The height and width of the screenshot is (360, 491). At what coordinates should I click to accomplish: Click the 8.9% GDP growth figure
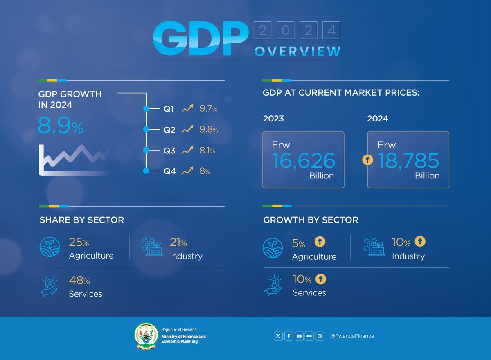click(x=61, y=126)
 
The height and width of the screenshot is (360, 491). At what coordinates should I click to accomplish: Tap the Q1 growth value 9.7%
click(x=209, y=109)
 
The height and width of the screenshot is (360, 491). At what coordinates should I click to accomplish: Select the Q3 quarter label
click(x=169, y=151)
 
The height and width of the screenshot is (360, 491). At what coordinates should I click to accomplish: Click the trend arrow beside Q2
click(x=187, y=130)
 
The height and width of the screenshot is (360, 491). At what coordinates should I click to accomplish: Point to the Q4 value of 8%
click(x=205, y=171)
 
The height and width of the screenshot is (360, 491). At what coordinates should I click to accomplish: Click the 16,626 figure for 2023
click(x=303, y=161)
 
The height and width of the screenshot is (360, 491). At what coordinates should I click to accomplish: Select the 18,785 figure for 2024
click(x=408, y=161)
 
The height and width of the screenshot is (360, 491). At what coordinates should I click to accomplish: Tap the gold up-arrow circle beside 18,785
click(x=368, y=160)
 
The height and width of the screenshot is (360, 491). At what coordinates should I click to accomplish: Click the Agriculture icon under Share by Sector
click(x=50, y=248)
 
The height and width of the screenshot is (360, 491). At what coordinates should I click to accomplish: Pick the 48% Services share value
click(x=79, y=281)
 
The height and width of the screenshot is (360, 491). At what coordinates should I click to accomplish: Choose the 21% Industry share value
click(x=178, y=243)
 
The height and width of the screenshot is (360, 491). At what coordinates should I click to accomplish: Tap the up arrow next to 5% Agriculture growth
click(x=320, y=242)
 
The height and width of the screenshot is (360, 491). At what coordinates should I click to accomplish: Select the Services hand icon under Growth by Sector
click(x=273, y=284)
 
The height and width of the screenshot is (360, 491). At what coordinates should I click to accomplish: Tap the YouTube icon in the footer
click(x=299, y=336)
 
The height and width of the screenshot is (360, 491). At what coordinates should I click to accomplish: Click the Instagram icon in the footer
click(x=320, y=336)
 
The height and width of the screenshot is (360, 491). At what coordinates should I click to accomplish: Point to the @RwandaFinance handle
click(x=352, y=336)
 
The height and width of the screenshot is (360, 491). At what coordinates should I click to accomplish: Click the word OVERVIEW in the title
click(x=297, y=52)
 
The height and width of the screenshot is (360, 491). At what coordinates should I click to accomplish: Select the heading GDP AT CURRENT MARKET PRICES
click(x=341, y=93)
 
